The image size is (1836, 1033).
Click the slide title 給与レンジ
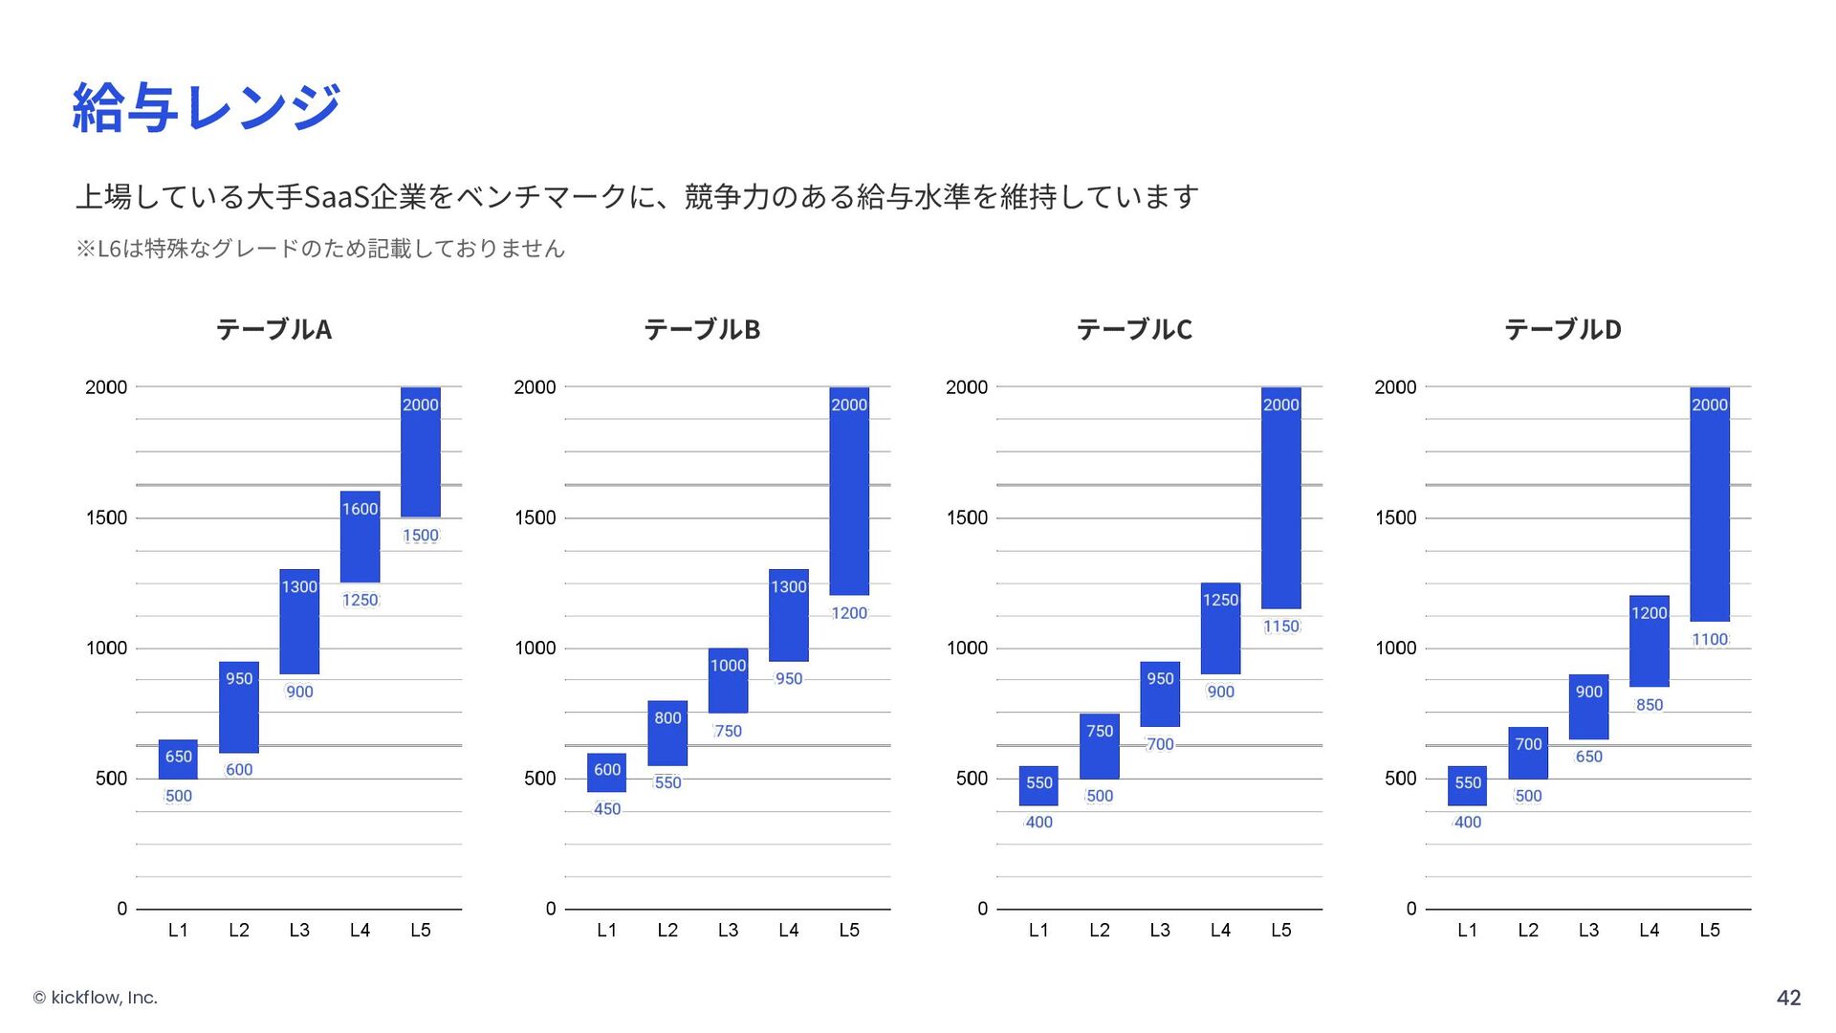click(x=207, y=106)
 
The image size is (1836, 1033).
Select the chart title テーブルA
click(x=273, y=329)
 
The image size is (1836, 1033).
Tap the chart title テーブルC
click(x=1134, y=329)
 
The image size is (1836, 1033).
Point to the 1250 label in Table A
click(x=360, y=600)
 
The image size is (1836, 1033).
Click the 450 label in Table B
click(x=607, y=809)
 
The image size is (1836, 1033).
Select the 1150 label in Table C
click(x=1281, y=626)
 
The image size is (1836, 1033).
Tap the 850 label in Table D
click(x=1650, y=705)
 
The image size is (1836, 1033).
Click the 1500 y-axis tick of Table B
click(x=535, y=517)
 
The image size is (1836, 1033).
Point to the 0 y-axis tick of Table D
click(x=1411, y=909)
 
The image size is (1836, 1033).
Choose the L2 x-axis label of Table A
click(x=239, y=930)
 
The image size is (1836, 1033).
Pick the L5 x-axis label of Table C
click(x=1281, y=930)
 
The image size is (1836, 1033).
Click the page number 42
click(x=1788, y=998)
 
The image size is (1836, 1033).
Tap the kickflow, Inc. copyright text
click(x=96, y=998)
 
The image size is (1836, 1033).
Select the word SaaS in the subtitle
click(x=336, y=197)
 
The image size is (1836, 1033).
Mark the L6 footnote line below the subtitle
click(x=320, y=249)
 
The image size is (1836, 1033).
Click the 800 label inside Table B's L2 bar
click(x=667, y=717)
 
